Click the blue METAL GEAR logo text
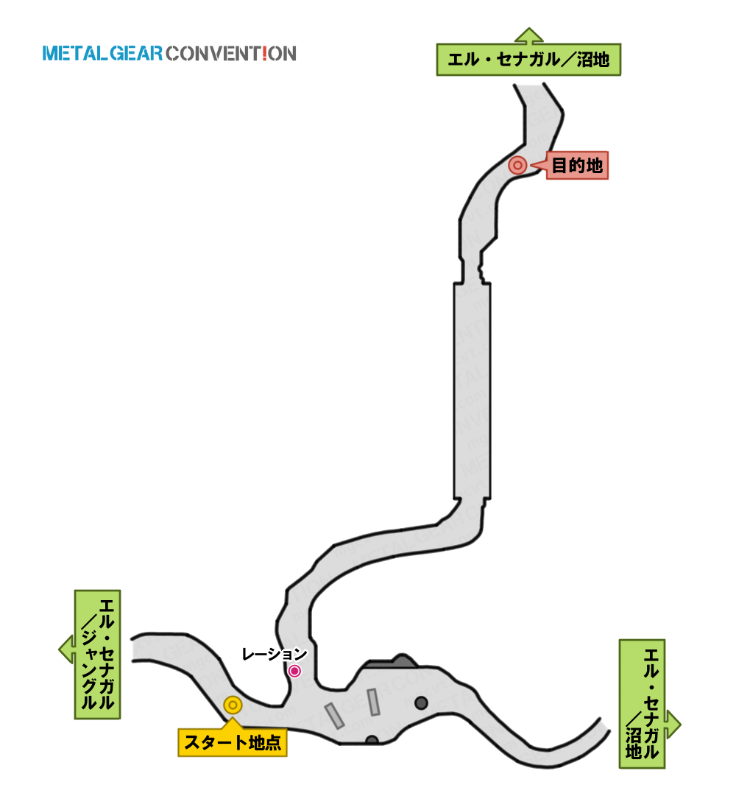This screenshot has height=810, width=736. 102,53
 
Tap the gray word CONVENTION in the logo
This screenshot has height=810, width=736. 231,53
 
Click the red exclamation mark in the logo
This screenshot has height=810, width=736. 264,53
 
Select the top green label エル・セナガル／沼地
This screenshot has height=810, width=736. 528,60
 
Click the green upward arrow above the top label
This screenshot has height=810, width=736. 529,35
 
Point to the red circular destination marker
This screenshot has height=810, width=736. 517,165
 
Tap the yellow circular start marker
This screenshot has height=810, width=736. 233,705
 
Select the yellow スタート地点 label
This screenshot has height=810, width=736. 233,742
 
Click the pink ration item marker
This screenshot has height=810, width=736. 294,671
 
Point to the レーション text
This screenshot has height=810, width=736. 275,654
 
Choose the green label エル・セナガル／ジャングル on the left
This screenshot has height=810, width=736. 98,655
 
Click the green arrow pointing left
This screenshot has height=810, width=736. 67,649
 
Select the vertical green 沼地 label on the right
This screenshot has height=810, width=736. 642,703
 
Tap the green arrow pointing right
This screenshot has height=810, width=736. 673,724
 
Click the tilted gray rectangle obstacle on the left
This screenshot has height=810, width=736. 334,716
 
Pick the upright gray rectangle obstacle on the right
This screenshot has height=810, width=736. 373,702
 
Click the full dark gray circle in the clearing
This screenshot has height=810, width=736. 422,702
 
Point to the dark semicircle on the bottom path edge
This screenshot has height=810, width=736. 372,740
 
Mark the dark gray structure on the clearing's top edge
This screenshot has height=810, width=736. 392,661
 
